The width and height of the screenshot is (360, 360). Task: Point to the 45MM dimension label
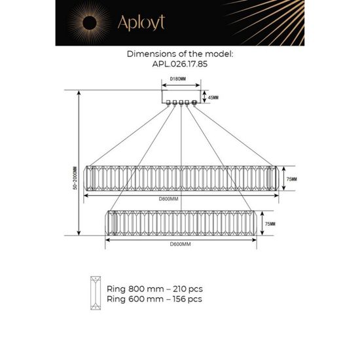coord(212,98)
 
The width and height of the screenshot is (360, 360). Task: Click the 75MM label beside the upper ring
coord(291,179)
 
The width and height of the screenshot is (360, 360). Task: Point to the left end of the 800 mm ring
coord(93,178)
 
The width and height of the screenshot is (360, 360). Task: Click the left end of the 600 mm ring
coord(111,224)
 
